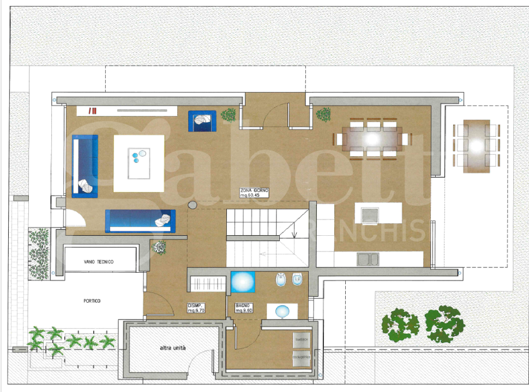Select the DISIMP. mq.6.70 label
click(x=196, y=308)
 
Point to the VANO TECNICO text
click(x=99, y=262)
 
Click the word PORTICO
click(x=92, y=301)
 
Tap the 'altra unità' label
click(x=172, y=348)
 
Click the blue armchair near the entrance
click(x=202, y=121)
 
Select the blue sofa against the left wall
click(x=85, y=166)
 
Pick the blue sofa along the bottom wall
click(x=140, y=220)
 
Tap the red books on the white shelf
click(x=93, y=111)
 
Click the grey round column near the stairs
click(x=193, y=205)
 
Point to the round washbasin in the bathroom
click(x=281, y=311)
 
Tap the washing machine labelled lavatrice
click(x=301, y=340)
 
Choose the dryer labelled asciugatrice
click(x=301, y=357)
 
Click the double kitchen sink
click(x=368, y=259)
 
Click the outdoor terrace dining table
click(x=476, y=146)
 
